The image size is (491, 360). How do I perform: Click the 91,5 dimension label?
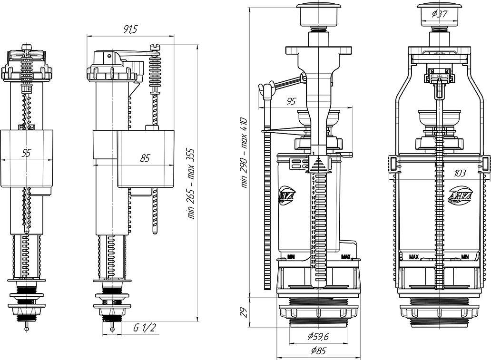[130, 30]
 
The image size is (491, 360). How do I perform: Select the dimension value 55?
[27, 153]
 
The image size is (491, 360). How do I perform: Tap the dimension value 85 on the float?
[145, 158]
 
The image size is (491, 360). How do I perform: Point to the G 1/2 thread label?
[145, 327]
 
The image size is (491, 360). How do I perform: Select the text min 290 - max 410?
[245, 152]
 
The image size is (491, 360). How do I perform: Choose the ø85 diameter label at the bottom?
[319, 351]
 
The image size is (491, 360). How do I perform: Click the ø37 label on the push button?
[439, 14]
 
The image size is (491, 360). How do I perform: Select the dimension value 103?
[460, 173]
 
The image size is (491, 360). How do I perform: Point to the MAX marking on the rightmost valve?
[414, 257]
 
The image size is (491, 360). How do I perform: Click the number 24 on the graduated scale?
[313, 266]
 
